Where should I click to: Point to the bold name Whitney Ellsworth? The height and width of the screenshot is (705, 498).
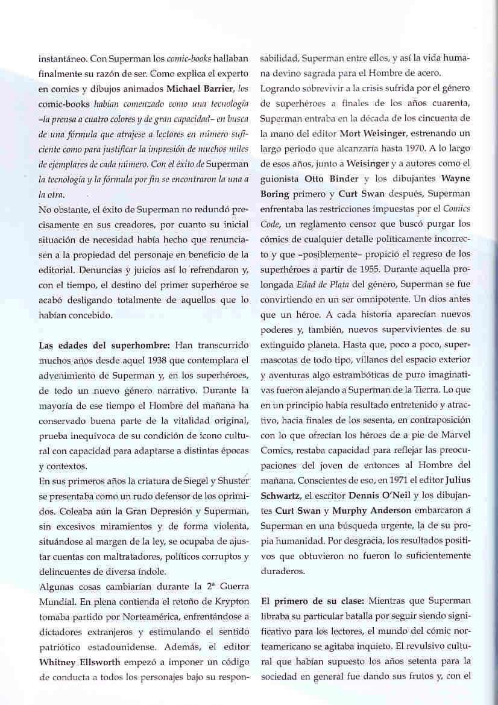coord(78,660)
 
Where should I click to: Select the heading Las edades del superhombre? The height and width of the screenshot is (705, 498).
coord(106,345)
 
